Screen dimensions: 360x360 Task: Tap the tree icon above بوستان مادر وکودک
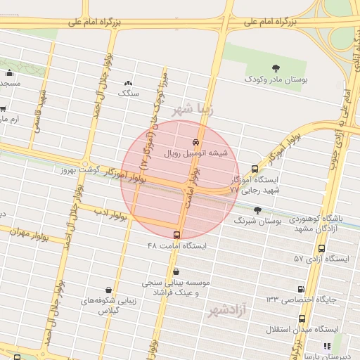point(275,68)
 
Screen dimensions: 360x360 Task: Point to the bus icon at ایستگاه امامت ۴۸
point(176,235)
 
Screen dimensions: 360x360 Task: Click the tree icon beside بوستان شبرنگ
point(257,210)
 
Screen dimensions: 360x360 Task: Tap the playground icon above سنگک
point(128,82)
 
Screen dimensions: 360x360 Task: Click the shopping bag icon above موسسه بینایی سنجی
point(175,271)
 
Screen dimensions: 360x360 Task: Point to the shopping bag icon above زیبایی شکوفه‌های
point(108,289)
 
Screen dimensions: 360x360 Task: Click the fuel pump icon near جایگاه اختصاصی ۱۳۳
point(301,288)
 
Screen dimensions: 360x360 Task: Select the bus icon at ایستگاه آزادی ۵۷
point(321,248)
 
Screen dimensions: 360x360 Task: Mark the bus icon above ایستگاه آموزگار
point(255,169)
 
